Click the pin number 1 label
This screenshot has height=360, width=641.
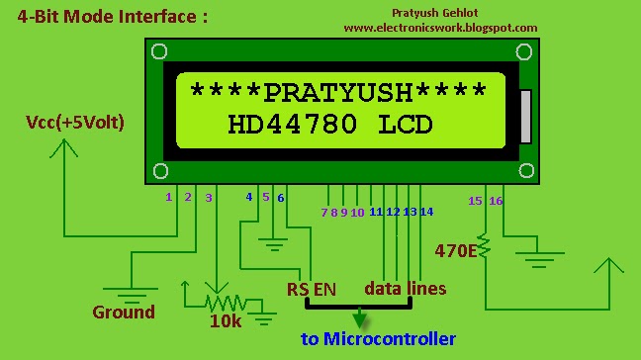169,197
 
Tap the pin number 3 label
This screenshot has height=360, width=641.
208,198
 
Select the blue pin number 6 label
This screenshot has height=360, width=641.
281,197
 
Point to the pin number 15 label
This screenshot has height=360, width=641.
475,201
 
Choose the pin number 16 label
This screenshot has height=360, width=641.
496,201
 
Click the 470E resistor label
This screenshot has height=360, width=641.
457,250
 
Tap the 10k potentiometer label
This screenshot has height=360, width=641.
226,321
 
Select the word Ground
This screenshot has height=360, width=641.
124,312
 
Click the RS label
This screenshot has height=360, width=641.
298,289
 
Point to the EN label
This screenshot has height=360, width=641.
324,289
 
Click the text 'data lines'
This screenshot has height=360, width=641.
406,289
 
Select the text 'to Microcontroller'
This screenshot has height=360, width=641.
379,339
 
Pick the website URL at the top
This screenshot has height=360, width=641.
440,28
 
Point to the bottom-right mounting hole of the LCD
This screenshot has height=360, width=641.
523,170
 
